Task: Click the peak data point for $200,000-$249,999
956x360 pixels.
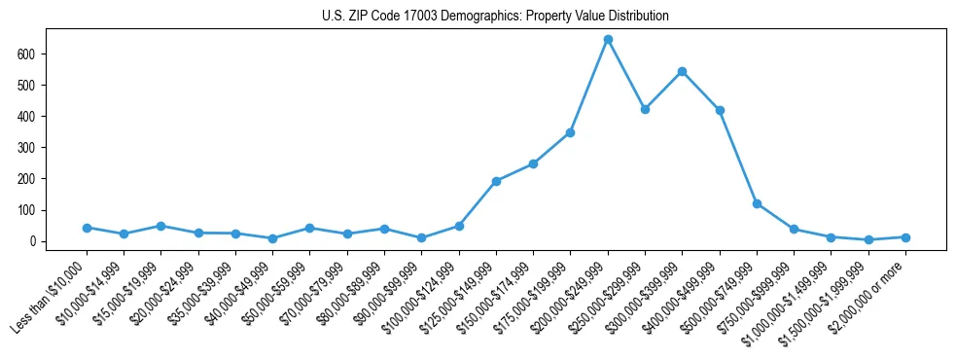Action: click(x=608, y=39)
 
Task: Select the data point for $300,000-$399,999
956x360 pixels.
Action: click(x=682, y=71)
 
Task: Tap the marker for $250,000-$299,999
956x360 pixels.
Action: click(x=645, y=109)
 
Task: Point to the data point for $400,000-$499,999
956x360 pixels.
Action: click(x=720, y=110)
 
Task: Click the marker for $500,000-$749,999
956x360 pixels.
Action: click(x=757, y=203)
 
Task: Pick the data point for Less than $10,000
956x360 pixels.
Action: click(x=87, y=228)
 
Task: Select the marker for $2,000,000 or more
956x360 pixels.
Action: click(x=905, y=237)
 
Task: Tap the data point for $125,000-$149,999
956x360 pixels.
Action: click(x=496, y=181)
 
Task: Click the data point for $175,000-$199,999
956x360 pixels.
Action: click(x=570, y=132)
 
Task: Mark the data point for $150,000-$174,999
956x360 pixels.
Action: click(x=533, y=163)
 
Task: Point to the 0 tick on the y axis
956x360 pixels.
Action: click(x=32, y=241)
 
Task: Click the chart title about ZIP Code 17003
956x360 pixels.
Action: click(x=495, y=17)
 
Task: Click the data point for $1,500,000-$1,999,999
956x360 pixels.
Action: click(x=868, y=239)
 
